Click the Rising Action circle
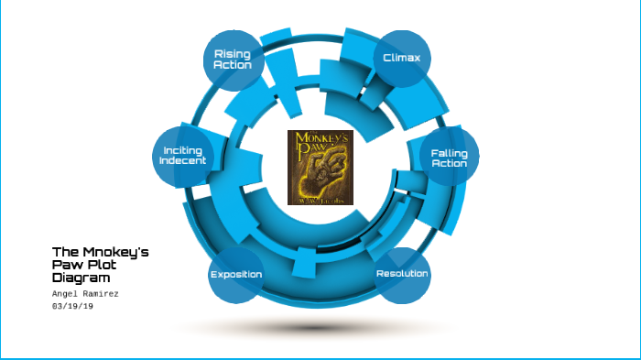232,60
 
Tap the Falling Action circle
449,158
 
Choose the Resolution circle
403,274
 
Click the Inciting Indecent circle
183,156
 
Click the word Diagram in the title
81,277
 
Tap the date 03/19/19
73,306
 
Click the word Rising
232,54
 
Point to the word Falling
449,152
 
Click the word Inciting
183,150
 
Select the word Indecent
183,161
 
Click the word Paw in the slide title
67,264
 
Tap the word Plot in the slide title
99,264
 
